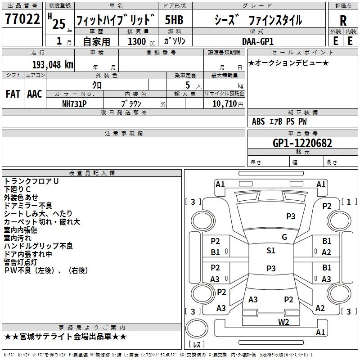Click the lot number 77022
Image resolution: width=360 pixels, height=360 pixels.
pyautogui.click(x=22, y=20)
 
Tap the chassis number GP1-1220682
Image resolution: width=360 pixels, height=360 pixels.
pyautogui.click(x=302, y=144)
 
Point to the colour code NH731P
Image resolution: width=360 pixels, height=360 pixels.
pyautogui.click(x=74, y=103)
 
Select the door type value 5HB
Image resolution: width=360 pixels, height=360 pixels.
pyautogui.click(x=174, y=20)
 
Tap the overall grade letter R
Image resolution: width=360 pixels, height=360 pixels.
pyautogui.click(x=343, y=20)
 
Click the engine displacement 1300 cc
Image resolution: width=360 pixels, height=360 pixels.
pyautogui.click(x=139, y=41)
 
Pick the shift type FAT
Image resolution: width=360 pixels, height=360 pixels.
pyautogui.click(x=13, y=94)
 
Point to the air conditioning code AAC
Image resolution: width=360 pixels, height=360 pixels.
pyautogui.click(x=35, y=94)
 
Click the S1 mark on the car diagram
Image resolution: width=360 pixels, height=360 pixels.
pyautogui.click(x=270, y=251)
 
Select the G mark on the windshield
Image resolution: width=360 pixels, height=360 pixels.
pyautogui.click(x=284, y=237)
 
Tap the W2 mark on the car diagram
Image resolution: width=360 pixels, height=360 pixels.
pyautogui.click(x=283, y=321)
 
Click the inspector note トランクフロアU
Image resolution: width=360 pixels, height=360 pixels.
pyautogui.click(x=31, y=181)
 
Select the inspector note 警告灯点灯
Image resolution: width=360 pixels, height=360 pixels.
pyautogui.click(x=21, y=262)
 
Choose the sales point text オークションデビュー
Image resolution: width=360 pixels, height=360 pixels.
pyautogui.click(x=288, y=63)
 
